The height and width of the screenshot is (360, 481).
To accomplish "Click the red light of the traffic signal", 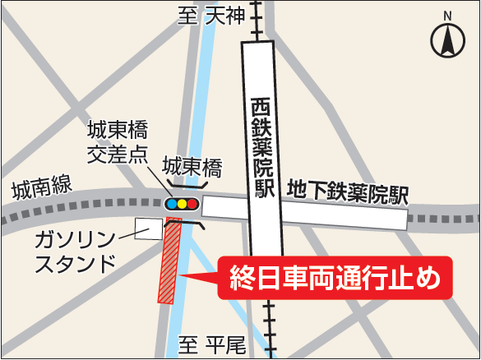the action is tap(193, 203).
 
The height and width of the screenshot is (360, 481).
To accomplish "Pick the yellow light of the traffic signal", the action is tap(183, 203).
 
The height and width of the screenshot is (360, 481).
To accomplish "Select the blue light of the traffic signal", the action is tap(172, 203).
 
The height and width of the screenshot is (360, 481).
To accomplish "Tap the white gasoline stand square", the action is tap(150, 228).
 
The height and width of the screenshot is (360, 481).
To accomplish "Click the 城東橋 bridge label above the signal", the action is tap(192, 167).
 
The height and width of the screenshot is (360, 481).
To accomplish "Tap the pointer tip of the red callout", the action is tap(183, 277).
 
